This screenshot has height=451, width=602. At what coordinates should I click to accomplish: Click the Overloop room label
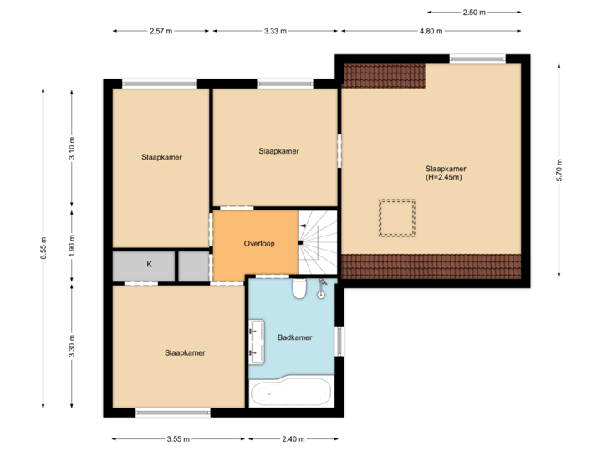(259, 243)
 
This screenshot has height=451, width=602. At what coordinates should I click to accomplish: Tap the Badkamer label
(294, 337)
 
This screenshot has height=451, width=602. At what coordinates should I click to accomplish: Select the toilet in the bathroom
(299, 289)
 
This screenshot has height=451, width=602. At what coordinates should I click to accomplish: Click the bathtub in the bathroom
(290, 392)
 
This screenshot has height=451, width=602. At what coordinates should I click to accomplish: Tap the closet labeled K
(149, 265)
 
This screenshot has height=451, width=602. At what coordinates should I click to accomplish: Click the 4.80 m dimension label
(431, 31)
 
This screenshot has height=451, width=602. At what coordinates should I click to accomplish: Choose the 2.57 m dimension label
(161, 31)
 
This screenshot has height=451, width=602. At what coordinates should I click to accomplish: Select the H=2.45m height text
(444, 177)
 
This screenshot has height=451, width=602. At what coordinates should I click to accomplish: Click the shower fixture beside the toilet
(321, 290)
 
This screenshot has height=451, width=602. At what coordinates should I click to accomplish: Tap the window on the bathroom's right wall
(339, 342)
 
